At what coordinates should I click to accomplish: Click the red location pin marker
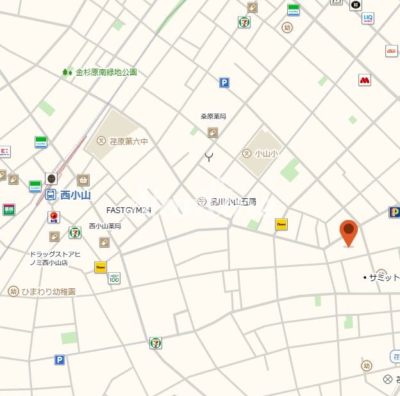348,232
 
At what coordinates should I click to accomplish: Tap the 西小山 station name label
76,194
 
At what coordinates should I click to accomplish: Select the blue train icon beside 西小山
51,194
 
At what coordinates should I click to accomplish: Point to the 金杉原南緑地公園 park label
106,73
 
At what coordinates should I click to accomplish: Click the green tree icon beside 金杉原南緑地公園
67,73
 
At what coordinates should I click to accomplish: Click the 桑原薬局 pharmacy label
213,117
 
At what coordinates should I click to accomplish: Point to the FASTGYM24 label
129,210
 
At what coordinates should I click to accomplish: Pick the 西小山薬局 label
104,226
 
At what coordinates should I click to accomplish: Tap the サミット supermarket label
383,277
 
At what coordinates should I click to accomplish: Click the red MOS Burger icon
365,80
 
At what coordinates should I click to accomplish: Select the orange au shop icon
391,51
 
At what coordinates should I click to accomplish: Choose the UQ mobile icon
368,18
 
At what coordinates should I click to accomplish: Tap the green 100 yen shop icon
114,278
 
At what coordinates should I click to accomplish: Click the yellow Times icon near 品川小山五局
281,224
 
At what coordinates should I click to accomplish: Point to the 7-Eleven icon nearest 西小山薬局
75,232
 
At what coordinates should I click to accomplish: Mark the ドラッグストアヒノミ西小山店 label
54,259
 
